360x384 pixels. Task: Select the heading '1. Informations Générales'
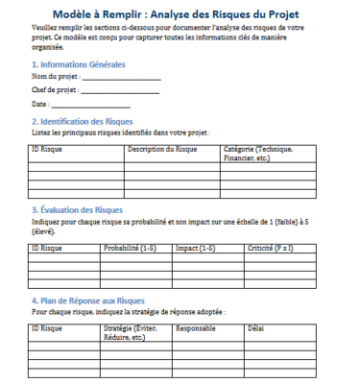click(x=79, y=63)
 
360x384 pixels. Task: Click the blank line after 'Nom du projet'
click(x=121, y=77)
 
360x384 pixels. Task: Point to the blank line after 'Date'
click(x=90, y=105)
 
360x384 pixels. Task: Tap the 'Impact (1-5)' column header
click(x=196, y=248)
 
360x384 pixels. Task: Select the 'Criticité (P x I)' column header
click(x=272, y=248)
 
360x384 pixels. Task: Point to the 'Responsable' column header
click(x=196, y=328)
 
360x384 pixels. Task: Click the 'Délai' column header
click(x=254, y=328)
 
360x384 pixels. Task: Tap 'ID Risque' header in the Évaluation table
click(x=47, y=248)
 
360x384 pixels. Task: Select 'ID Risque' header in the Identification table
click(x=47, y=150)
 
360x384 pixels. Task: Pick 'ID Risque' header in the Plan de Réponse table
click(x=47, y=328)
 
